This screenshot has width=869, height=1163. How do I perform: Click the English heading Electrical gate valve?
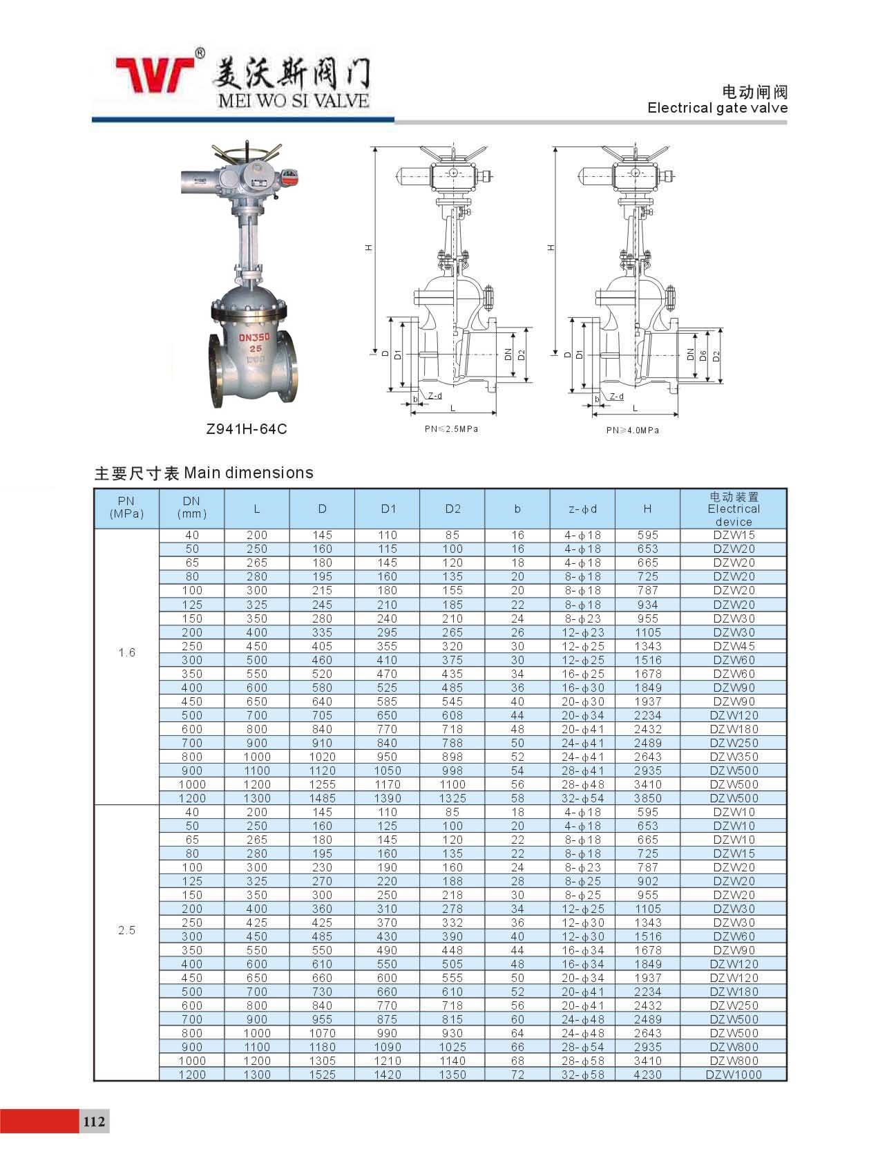(717, 108)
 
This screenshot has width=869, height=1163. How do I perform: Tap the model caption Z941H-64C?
(247, 429)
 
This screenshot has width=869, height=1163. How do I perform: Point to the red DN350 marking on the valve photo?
(254, 337)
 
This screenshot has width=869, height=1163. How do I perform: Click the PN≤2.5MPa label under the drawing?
(451, 429)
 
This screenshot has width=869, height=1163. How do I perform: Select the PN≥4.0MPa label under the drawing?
(632, 431)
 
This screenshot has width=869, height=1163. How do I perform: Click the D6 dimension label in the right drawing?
(703, 355)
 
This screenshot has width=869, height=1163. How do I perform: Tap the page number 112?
(94, 1121)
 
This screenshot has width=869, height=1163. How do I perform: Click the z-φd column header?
(582, 509)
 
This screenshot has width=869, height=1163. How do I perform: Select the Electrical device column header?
(733, 509)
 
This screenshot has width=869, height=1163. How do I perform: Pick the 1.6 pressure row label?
(127, 653)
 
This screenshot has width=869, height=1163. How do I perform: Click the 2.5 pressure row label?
(127, 930)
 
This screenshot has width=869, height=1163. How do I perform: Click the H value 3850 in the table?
(647, 798)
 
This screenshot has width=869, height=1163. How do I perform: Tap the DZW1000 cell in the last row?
(733, 1075)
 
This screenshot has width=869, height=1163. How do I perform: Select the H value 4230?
(647, 1075)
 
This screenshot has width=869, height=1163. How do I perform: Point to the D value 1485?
(322, 798)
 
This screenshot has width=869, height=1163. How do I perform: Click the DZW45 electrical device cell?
(733, 646)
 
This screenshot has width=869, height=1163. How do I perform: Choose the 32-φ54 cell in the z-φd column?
(582, 798)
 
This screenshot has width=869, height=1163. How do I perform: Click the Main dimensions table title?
(204, 473)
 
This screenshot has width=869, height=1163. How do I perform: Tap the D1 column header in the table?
(388, 509)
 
